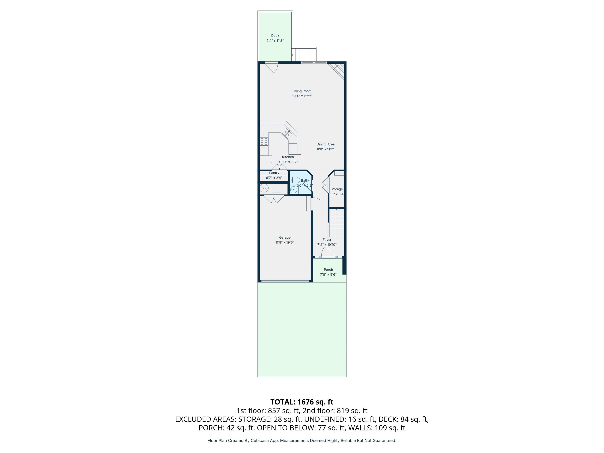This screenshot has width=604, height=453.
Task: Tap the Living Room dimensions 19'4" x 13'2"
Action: (x=302, y=96)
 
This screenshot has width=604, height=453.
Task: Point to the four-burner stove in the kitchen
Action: (x=264, y=142)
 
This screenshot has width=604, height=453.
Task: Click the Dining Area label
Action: (x=325, y=144)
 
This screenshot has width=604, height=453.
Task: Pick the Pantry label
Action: (x=274, y=173)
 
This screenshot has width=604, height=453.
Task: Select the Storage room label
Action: (x=336, y=189)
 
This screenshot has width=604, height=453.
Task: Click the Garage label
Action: (x=284, y=237)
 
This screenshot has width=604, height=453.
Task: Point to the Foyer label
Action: (x=327, y=240)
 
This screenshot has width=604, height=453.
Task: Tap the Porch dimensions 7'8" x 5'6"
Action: (x=328, y=274)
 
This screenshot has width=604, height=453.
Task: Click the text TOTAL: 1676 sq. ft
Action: (x=302, y=402)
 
